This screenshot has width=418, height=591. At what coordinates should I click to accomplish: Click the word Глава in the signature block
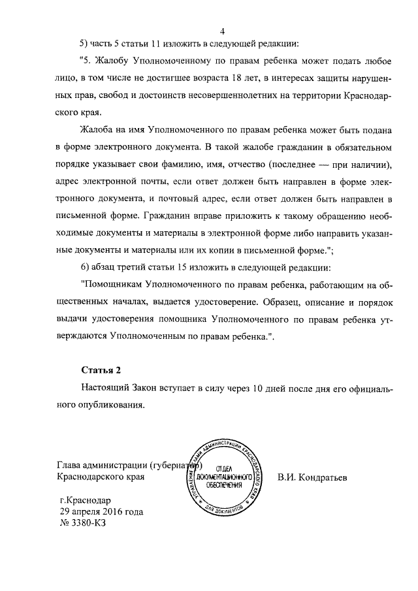tap(70, 465)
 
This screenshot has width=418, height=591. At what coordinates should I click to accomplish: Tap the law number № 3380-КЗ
tap(82, 524)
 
